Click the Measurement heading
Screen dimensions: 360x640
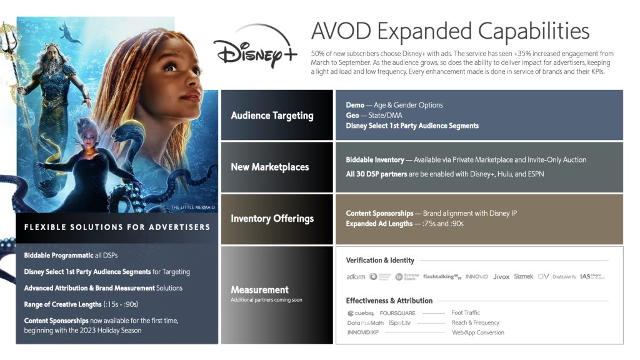[259, 289]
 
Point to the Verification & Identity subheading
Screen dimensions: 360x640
[380, 260]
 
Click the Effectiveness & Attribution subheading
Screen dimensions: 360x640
[389, 301]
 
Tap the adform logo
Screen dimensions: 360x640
[356, 276]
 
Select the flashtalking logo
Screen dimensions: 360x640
[442, 276]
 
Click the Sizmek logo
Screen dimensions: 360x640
[524, 276]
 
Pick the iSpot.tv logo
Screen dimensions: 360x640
[400, 323]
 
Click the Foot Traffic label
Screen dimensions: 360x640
[466, 313]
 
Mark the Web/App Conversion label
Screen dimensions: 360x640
[477, 333]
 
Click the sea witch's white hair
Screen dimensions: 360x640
[88, 126]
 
